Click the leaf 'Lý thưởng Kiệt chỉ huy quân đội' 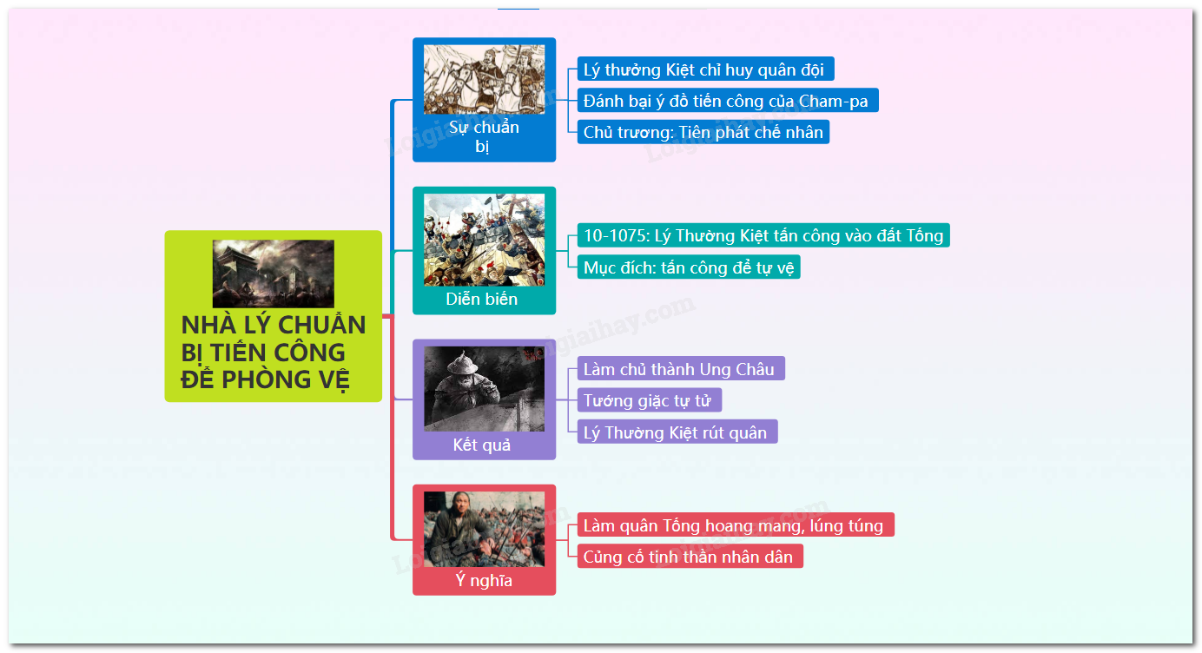point(705,69)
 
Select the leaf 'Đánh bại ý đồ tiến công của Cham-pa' point(728,101)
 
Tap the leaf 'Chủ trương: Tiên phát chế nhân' point(703,132)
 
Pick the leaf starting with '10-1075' point(763,235)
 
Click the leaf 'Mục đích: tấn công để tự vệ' point(689,267)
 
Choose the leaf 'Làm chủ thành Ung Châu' point(681,369)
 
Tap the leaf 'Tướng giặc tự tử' point(650,400)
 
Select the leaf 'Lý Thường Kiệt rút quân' point(677,432)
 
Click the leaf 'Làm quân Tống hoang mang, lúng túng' point(736,524)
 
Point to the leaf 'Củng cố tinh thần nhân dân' point(690,557)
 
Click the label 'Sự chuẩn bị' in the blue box point(484,136)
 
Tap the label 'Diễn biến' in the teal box point(481,299)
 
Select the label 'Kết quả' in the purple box point(481,445)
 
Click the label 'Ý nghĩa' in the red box point(484,580)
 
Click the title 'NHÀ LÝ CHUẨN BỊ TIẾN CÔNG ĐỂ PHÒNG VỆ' point(273,353)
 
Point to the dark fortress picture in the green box point(273,274)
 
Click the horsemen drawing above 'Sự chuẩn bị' point(484,79)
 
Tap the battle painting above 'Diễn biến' point(484,240)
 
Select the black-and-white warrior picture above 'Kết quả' point(484,388)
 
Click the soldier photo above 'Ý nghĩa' point(484,529)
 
